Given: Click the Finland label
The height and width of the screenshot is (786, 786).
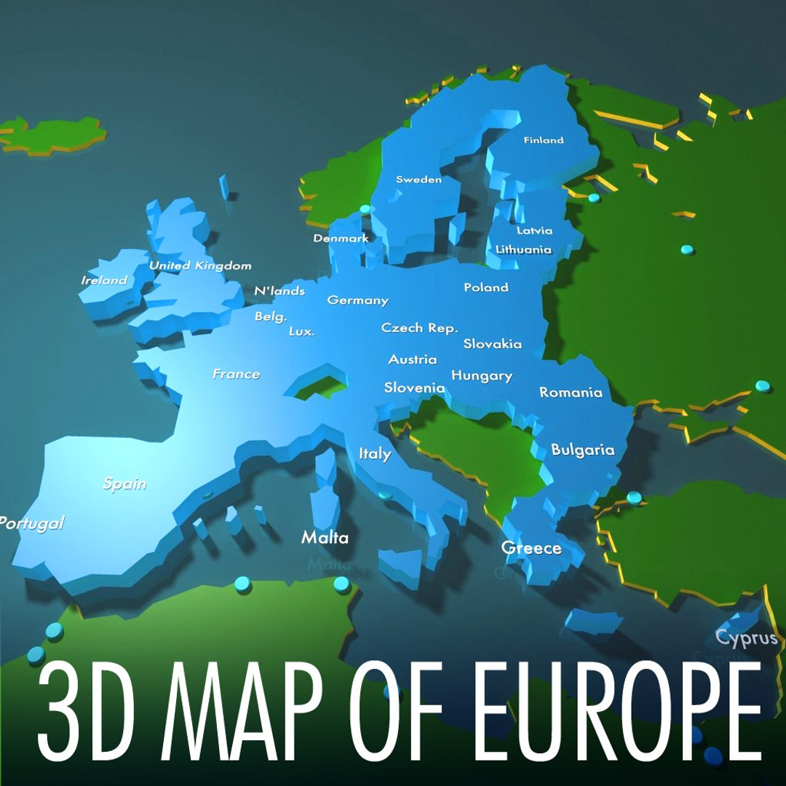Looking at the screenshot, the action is [x=544, y=140].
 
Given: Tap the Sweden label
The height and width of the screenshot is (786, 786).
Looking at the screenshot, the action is [x=418, y=179].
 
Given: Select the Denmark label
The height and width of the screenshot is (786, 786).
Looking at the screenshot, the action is [x=341, y=238].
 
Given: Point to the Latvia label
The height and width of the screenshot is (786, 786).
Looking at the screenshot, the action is [x=534, y=231].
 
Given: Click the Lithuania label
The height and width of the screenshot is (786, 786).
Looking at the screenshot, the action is [x=523, y=249].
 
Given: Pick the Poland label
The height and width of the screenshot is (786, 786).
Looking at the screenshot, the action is [x=486, y=287].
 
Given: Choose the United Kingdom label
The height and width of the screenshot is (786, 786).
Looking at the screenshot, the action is [x=200, y=266].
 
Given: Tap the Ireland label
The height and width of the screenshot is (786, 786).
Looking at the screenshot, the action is [x=104, y=280].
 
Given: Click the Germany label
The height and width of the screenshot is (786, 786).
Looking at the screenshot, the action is [x=357, y=300].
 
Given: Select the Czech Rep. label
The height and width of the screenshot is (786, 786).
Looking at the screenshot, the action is [x=420, y=327].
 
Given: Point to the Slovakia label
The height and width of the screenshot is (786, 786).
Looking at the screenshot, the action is [x=493, y=344].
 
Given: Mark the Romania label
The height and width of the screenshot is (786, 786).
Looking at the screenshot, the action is [x=571, y=392].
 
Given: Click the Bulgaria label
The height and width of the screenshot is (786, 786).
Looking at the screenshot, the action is [x=582, y=450].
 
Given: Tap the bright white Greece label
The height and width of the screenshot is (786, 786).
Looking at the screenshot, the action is [x=531, y=548].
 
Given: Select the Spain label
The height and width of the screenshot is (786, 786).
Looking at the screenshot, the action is [x=124, y=483].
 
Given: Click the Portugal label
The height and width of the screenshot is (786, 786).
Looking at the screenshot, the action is [x=31, y=523].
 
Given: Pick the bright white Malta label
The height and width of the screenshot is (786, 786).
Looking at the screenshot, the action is [x=325, y=538].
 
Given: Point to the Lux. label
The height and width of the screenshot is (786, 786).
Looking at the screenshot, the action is [x=302, y=331].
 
